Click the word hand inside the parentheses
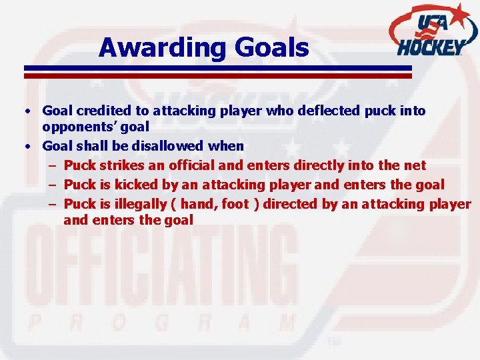[x=196, y=204]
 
